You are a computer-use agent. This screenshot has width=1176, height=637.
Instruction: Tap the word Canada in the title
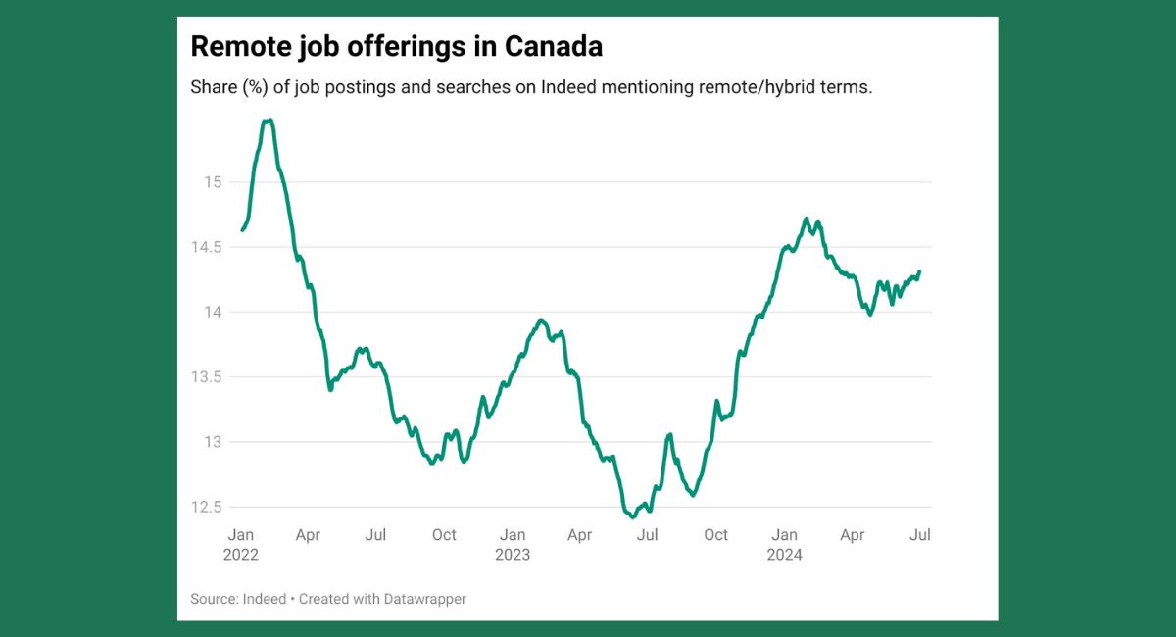pos(554,46)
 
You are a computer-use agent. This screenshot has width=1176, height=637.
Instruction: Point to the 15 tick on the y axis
pos(214,182)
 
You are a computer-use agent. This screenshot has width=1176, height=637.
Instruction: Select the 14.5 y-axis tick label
pos(207,247)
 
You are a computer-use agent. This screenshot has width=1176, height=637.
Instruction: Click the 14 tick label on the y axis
pos(214,312)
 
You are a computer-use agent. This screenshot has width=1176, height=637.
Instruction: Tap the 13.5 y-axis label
pos(207,377)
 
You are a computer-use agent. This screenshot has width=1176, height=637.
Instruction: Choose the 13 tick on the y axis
pos(214,442)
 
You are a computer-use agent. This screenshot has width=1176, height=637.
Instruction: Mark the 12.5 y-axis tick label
pos(207,507)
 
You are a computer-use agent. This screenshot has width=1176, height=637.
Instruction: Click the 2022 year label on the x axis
pos(241,555)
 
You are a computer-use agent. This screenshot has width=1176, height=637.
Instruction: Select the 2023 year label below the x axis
pos(513,555)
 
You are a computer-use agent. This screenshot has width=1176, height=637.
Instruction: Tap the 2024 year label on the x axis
pos(784,555)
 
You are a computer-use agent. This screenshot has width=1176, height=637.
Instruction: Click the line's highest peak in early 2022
pos(268,121)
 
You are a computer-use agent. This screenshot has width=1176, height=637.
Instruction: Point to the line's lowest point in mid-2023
pos(632,515)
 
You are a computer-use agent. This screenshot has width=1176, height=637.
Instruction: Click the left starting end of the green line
pos(242,230)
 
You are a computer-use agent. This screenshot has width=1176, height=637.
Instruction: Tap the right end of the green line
pos(919,271)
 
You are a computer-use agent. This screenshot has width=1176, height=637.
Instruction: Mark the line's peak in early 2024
pos(806,219)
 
